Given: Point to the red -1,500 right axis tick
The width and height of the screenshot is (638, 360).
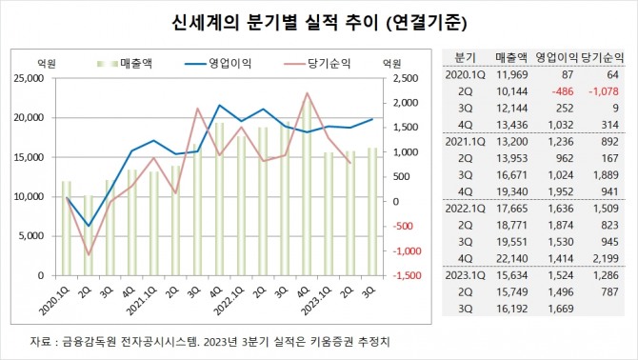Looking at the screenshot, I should coord(401,275).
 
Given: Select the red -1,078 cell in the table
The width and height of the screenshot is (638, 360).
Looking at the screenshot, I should coord(599,91).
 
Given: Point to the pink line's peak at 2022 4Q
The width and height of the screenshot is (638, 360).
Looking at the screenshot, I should coord(307,93).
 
